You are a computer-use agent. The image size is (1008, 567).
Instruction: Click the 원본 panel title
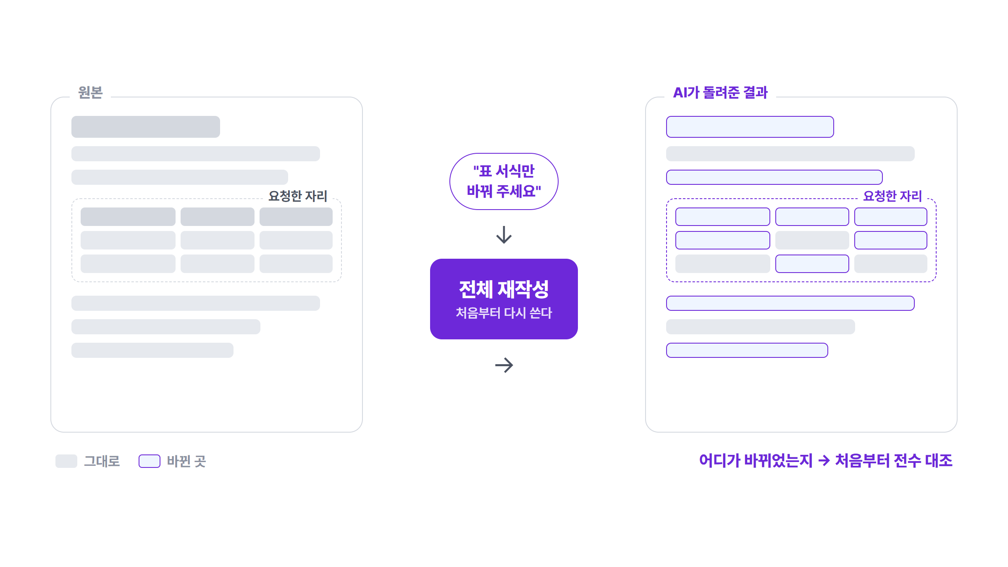[x=90, y=92]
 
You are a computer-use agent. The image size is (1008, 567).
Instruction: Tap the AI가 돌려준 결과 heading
[x=720, y=92]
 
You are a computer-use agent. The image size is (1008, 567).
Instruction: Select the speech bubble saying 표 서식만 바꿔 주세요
[x=504, y=181]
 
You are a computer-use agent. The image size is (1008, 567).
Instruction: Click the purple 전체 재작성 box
[x=504, y=299]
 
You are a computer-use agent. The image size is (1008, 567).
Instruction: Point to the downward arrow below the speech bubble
[x=504, y=235]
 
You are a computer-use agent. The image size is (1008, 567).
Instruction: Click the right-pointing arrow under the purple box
[x=504, y=365]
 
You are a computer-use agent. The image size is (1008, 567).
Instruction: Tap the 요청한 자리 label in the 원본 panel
[x=298, y=196]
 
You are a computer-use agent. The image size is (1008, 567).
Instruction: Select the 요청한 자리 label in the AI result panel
[x=892, y=196]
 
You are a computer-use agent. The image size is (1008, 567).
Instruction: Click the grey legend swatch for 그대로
[x=66, y=461]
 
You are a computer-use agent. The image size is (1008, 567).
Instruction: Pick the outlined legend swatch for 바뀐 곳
[x=150, y=461]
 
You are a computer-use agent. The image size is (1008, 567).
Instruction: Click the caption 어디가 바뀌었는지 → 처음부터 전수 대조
[x=826, y=461]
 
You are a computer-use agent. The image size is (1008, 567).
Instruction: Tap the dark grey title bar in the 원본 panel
[x=146, y=127]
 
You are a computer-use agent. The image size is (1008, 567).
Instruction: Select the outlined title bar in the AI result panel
[x=750, y=127]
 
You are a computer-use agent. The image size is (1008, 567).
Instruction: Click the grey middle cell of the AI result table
[x=812, y=240]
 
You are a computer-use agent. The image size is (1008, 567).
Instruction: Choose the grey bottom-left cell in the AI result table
[x=723, y=264]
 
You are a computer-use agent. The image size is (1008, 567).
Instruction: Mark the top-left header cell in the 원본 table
[x=128, y=217]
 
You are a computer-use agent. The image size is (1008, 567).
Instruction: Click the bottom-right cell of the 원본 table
[x=296, y=264]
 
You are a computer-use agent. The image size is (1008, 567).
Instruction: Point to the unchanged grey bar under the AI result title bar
[x=790, y=154]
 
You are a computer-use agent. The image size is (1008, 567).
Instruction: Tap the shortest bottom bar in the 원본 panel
[x=152, y=350]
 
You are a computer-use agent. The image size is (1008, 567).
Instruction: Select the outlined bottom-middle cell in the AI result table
[x=812, y=264]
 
